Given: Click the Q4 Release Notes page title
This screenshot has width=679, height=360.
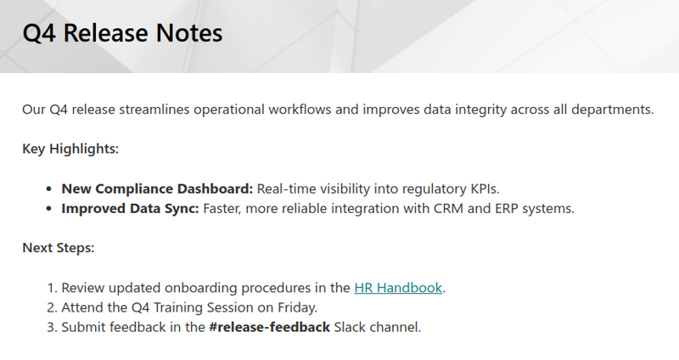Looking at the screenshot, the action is pyautogui.click(x=122, y=33).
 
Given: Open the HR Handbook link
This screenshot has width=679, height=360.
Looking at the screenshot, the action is pyautogui.click(x=398, y=288).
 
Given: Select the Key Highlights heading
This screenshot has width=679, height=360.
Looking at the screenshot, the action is pyautogui.click(x=70, y=149).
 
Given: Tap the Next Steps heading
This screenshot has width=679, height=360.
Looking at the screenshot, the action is pyautogui.click(x=59, y=248).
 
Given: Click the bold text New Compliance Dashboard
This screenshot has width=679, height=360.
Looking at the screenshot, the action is pyautogui.click(x=157, y=189).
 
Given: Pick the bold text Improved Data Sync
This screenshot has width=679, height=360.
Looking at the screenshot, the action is pyautogui.click(x=131, y=209).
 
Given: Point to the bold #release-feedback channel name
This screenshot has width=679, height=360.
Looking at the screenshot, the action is pyautogui.click(x=269, y=327).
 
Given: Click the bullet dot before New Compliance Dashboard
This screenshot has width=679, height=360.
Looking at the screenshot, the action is pyautogui.click(x=49, y=189).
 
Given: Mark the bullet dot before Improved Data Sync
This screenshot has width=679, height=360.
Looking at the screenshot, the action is pyautogui.click(x=49, y=209).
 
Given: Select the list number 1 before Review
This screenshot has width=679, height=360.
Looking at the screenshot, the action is pyautogui.click(x=52, y=288).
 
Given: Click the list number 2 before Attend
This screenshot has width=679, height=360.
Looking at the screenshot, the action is pyautogui.click(x=52, y=307).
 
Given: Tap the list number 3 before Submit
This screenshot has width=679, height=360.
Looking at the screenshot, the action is pyautogui.click(x=52, y=327).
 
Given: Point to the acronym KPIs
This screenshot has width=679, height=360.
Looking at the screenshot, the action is pyautogui.click(x=485, y=189).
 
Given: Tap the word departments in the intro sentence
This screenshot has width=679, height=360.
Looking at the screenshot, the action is pyautogui.click(x=612, y=110).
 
